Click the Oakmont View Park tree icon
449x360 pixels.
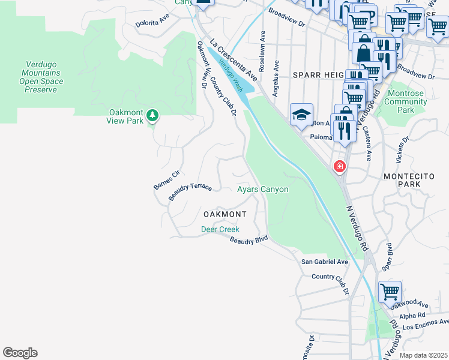[x=153, y=115]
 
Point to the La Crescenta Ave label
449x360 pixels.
[x=234, y=60]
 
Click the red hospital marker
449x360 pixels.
[x=340, y=166]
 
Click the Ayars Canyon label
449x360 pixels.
[x=262, y=190]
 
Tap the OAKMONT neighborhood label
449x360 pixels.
[x=225, y=214]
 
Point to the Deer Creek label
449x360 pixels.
[x=220, y=229]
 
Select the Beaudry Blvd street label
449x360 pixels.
[x=249, y=239]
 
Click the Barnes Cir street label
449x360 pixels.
[x=166, y=179]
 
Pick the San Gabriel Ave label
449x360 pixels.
[x=324, y=262]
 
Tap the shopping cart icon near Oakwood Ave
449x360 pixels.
[x=390, y=292]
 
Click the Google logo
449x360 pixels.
[x=20, y=353]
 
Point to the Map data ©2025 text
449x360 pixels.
[x=423, y=355]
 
